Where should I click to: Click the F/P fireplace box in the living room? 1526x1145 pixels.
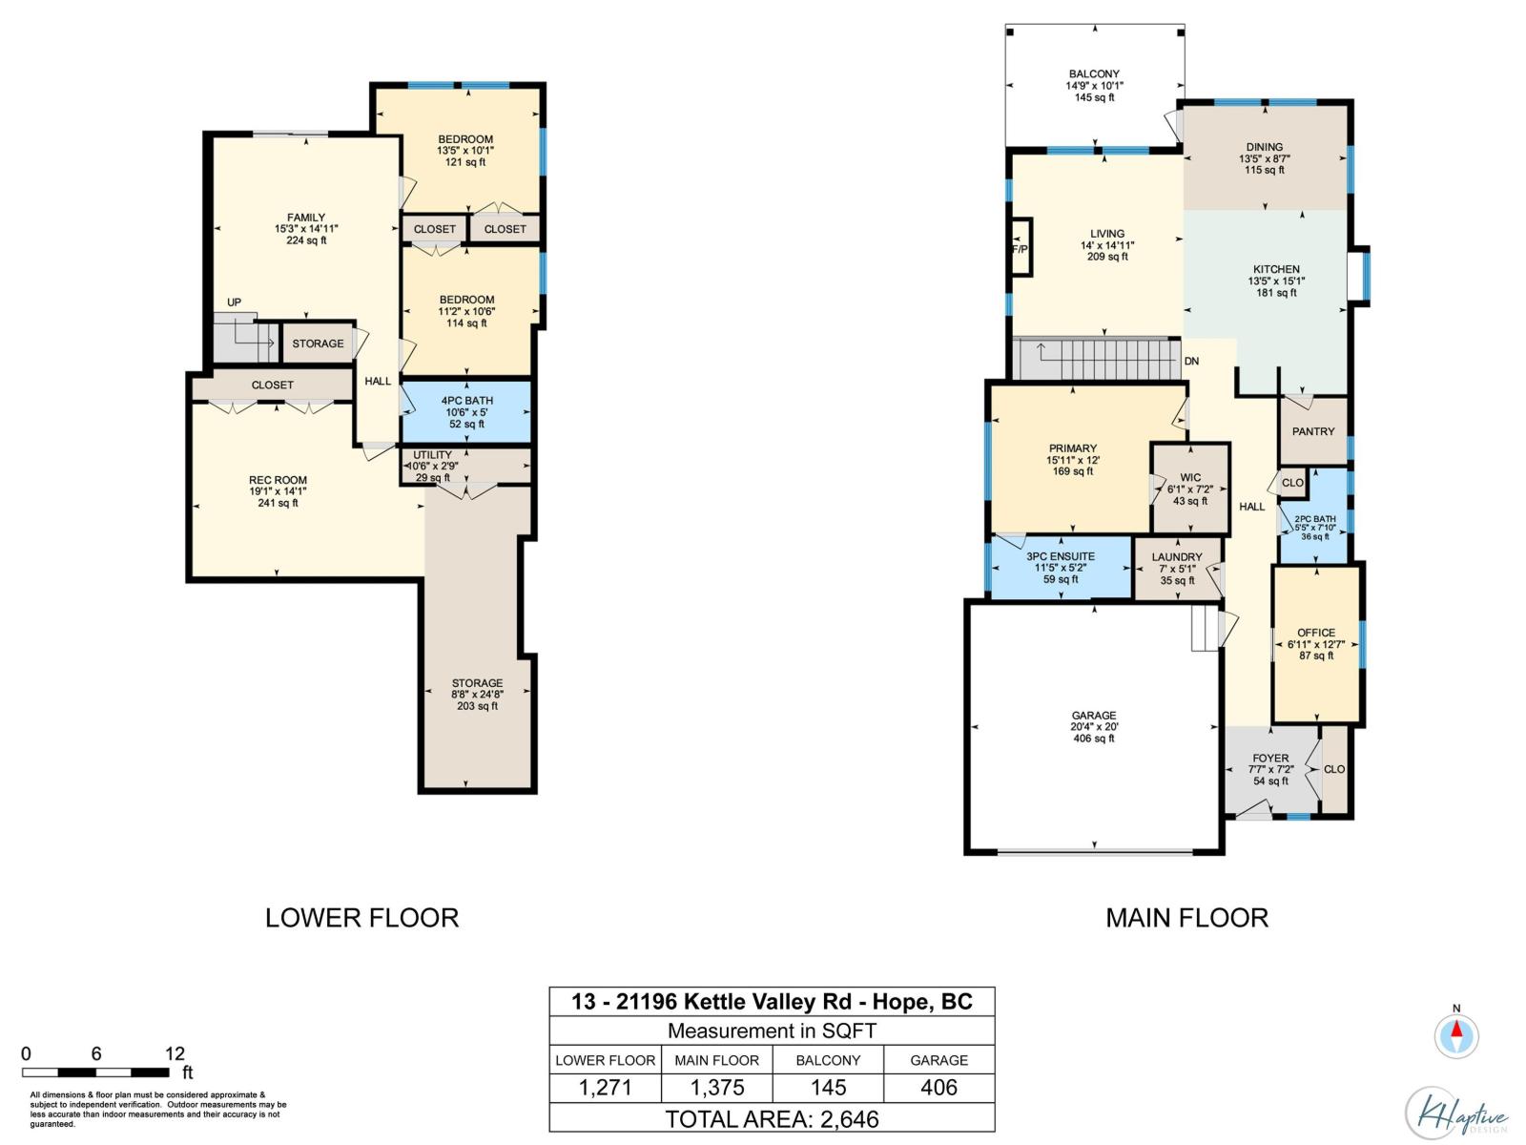[1021, 247]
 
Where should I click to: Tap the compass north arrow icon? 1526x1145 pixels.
[1455, 1036]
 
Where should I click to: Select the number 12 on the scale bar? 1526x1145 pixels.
[175, 1054]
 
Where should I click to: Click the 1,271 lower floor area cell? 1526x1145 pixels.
[605, 1088]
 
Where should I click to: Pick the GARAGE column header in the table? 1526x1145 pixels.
[938, 1060]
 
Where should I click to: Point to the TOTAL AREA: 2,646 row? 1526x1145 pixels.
[772, 1119]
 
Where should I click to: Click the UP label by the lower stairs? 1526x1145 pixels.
[234, 302]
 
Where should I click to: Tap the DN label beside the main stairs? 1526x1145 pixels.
[1191, 362]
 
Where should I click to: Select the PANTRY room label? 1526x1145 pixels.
[1312, 431]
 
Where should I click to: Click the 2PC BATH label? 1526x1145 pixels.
[1314, 519]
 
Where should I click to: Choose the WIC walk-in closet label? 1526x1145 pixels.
[1190, 478]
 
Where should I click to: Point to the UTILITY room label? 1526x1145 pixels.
[432, 455]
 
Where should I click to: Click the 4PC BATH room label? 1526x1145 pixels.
[466, 401]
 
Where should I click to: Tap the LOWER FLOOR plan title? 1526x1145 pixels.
[361, 918]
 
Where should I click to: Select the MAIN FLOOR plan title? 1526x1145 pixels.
[1186, 918]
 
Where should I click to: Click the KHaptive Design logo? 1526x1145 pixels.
[1455, 1114]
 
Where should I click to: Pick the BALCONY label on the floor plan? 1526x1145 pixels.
[1094, 73]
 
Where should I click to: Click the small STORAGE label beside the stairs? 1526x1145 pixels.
[318, 344]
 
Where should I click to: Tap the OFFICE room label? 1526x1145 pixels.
[1316, 633]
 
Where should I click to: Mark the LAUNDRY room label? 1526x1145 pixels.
[1176, 557]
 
